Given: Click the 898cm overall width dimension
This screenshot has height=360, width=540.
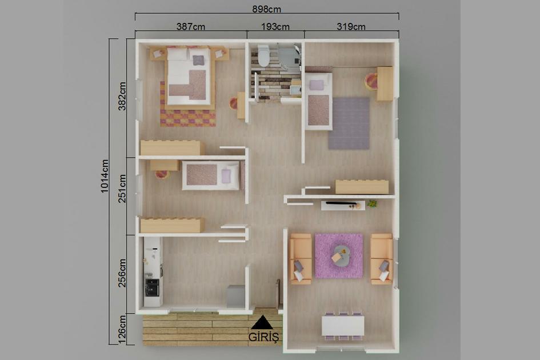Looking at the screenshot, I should tap(267, 9).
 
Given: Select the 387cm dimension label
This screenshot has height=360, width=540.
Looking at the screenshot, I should tap(191, 26).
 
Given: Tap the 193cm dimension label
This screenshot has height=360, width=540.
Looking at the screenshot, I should tap(275, 26).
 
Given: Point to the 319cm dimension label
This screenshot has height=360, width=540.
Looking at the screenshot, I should tap(351, 26).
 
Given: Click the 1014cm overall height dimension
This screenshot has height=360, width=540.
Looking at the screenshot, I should tap(105, 176).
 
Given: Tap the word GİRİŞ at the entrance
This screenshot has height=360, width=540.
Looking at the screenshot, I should tap(263, 337).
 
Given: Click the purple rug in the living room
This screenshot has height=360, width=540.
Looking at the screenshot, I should tap(339, 255).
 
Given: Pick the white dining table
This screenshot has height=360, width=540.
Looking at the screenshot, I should tap(343, 326).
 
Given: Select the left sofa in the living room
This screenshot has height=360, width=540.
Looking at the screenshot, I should tap(301, 258).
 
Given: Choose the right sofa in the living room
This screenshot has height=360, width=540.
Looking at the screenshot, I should tap(381, 258).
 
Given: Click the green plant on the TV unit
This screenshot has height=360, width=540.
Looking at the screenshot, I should tap(373, 203).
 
